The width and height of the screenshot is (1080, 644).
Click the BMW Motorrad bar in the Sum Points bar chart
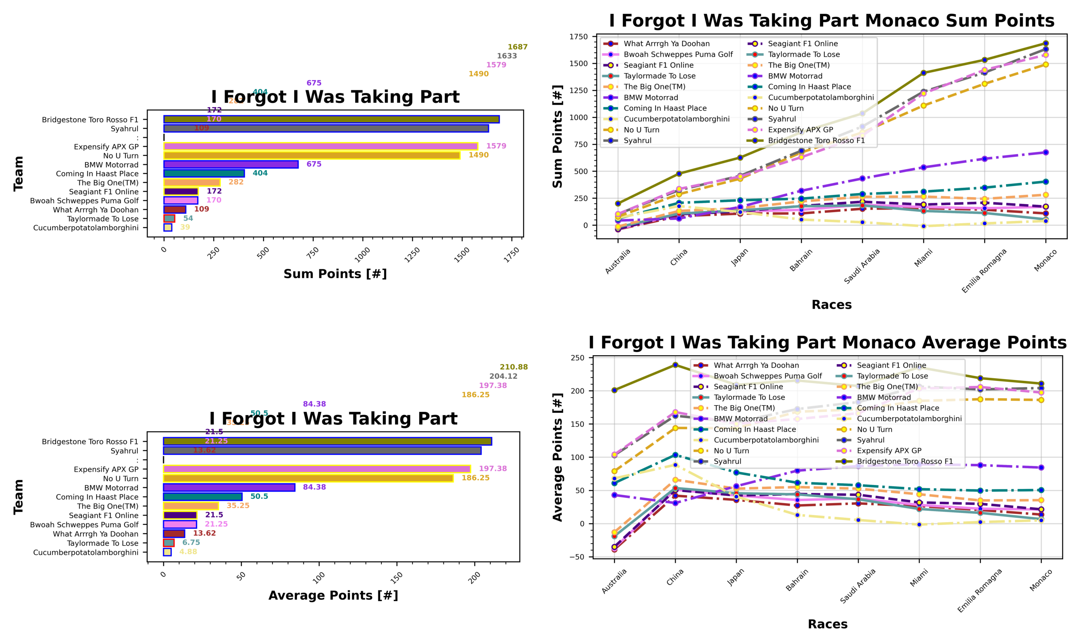[x=230, y=164]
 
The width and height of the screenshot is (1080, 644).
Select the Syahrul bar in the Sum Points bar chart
[x=326, y=128]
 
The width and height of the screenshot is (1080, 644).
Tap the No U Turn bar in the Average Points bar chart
[x=308, y=478]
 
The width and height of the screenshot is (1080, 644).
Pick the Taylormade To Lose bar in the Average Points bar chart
[x=168, y=543]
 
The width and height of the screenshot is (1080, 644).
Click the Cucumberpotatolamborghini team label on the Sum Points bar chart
[x=86, y=228]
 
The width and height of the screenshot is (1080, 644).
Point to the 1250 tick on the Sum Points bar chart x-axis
[x=412, y=255]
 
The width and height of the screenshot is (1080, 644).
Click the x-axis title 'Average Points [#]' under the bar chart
[x=333, y=595]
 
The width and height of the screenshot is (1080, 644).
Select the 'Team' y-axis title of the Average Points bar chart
[x=19, y=497]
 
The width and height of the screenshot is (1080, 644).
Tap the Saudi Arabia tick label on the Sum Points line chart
[x=862, y=266]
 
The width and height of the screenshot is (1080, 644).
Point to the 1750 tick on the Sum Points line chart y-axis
[x=579, y=37]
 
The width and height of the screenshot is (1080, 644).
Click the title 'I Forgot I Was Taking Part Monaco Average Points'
[x=827, y=343]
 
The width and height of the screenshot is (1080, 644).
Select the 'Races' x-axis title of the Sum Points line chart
[x=831, y=305]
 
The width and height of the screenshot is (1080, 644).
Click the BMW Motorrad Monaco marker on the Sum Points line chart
[x=1045, y=152]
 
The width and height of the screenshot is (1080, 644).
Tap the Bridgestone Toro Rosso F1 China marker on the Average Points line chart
[x=675, y=365]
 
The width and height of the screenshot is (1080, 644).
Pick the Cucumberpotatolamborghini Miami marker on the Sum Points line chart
[x=924, y=226]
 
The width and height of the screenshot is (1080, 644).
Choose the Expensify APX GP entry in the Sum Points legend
[x=800, y=130]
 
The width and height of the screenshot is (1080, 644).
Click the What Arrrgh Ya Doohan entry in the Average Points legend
[x=756, y=365]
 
